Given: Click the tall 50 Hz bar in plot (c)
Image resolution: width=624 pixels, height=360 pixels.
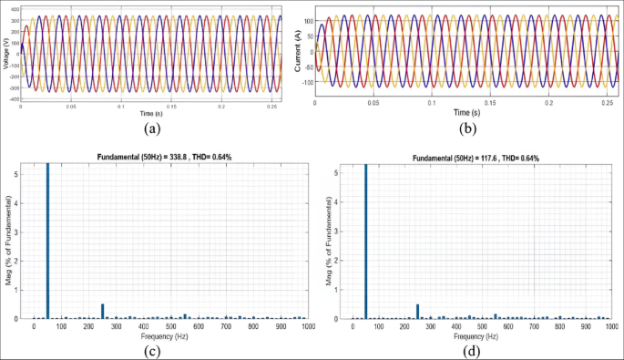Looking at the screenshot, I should click(x=47, y=242).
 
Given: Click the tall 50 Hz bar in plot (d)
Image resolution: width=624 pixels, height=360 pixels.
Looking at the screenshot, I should click(x=365, y=242).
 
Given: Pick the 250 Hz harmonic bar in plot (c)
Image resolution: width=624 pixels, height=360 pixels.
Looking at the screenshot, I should click(x=103, y=311).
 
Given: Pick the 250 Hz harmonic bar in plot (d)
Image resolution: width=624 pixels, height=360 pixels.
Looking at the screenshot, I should click(x=418, y=311).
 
